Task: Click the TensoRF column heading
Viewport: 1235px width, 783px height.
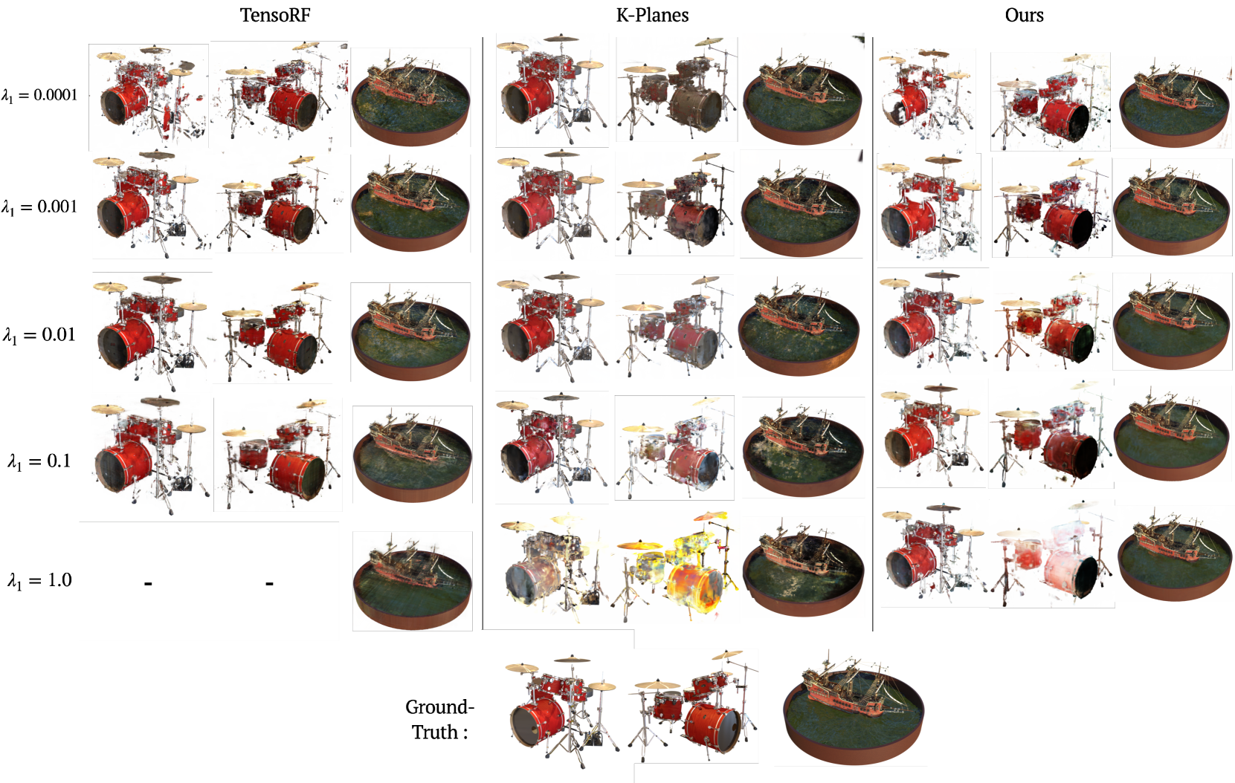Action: pos(274,15)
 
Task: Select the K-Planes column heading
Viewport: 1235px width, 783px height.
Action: pos(652,15)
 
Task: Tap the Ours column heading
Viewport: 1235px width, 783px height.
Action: pos(1024,15)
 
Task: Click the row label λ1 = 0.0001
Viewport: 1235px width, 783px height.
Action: pos(39,95)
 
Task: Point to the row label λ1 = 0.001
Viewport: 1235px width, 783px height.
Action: pos(39,207)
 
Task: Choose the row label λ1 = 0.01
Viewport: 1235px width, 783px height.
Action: pos(39,335)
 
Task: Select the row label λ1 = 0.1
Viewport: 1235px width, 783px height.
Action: pos(39,461)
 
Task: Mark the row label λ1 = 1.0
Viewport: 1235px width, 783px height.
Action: pos(39,580)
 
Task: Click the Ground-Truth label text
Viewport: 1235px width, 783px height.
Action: pos(440,719)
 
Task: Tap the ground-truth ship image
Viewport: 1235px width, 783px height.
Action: pos(853,708)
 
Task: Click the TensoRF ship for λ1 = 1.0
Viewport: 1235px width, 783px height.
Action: pos(413,581)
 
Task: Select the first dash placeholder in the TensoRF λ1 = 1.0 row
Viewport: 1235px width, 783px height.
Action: pos(148,582)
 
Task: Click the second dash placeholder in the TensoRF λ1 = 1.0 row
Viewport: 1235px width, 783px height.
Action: pos(269,582)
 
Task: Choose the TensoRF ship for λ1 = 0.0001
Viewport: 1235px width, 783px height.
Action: pos(410,97)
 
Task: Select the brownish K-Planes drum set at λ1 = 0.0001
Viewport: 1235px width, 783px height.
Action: pos(676,90)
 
